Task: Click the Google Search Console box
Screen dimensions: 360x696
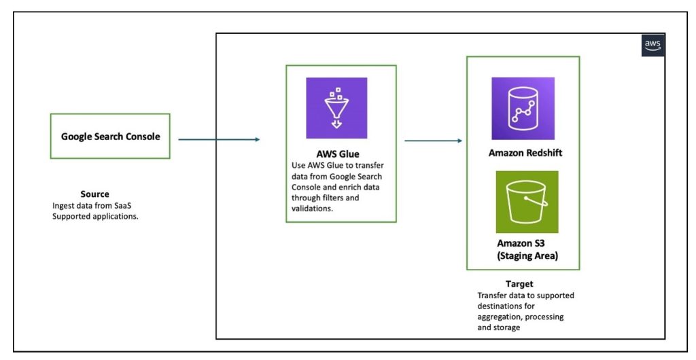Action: pos(111,137)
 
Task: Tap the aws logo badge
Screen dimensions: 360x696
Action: pos(652,45)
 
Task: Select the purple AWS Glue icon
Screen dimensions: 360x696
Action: pos(336,108)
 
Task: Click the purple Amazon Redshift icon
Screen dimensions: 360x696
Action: pos(523,108)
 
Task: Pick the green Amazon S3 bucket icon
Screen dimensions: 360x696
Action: pos(527,202)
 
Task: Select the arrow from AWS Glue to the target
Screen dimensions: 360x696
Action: pos(434,141)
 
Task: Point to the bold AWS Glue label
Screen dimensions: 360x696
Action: pos(338,154)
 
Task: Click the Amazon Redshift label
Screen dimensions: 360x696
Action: pos(525,153)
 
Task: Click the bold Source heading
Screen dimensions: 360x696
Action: pos(94,194)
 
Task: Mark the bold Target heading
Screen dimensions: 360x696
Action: pos(519,284)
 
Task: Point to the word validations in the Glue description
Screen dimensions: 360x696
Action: pos(311,209)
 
